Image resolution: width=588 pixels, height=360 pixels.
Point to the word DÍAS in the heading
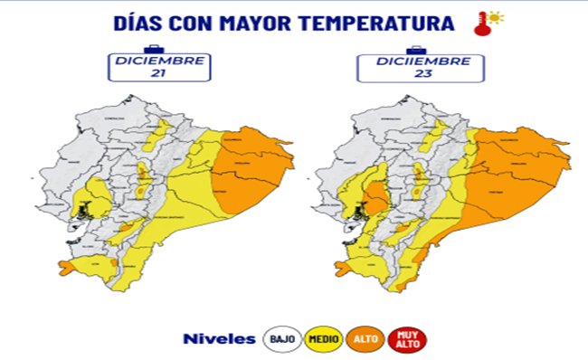click(x=140, y=24)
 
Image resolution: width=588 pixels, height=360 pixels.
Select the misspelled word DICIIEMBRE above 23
click(x=415, y=62)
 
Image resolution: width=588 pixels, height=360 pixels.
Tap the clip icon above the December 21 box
click(x=155, y=48)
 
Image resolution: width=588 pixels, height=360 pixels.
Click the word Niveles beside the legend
click(x=219, y=339)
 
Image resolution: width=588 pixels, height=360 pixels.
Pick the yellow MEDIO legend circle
click(x=323, y=339)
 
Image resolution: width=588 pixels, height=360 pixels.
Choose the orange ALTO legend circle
click(x=365, y=339)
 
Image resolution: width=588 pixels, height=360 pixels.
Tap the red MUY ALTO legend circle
click(x=408, y=339)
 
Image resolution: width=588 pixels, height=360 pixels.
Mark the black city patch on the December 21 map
click(x=83, y=211)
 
